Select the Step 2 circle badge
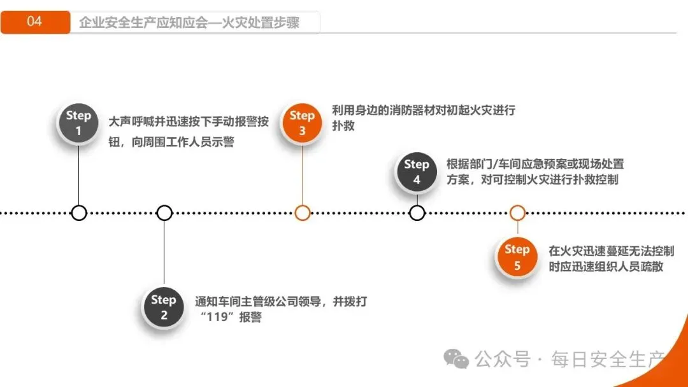click(164, 307)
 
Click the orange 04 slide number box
click(35, 22)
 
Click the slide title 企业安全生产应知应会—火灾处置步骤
click(189, 23)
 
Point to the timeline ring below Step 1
click(79, 213)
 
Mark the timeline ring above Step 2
click(164, 213)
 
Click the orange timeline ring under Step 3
click(303, 213)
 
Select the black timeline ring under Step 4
click(417, 213)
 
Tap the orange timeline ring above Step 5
click(517, 213)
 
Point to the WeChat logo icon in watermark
click(456, 359)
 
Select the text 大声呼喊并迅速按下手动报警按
click(189, 122)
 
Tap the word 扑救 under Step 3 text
click(343, 126)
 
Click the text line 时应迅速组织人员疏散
click(606, 267)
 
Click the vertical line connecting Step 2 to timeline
click(164, 251)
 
